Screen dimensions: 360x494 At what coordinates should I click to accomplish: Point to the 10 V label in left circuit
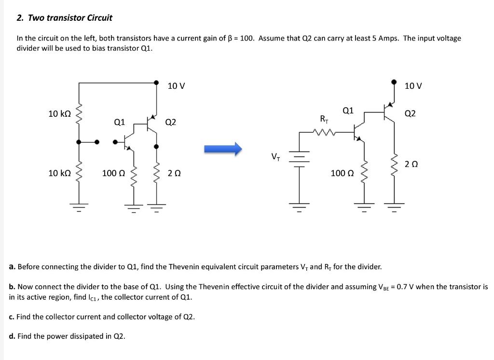[x=176, y=86]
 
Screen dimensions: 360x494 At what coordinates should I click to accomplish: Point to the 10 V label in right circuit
[x=413, y=86]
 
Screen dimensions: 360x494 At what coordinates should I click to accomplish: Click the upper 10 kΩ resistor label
[x=60, y=114]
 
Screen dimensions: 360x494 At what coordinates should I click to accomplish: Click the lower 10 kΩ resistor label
[x=60, y=173]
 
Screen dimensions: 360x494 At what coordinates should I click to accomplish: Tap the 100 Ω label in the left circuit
[x=113, y=173]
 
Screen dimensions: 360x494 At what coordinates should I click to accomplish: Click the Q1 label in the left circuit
[x=119, y=123]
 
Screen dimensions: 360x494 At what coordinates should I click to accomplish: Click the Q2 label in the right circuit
[x=411, y=114]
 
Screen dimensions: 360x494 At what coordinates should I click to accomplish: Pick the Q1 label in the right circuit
[x=348, y=111]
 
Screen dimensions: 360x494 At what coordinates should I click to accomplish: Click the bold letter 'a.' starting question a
[x=13, y=266]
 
